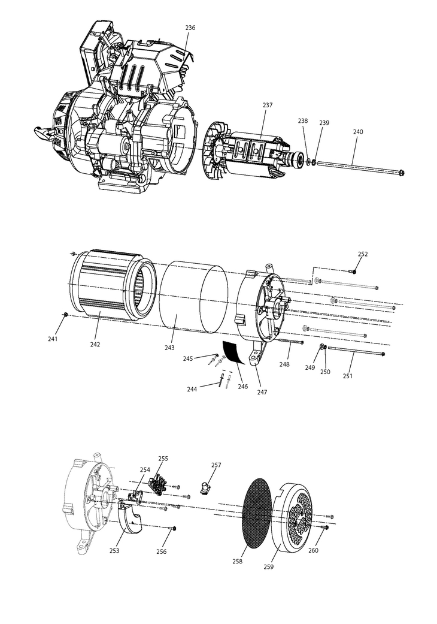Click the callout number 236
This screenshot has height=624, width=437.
tap(190, 28)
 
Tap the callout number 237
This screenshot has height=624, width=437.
tap(268, 105)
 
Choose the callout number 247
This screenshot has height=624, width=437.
tap(262, 392)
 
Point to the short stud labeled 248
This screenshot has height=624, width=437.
tap(291, 342)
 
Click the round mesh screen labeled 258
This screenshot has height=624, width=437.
tap(259, 514)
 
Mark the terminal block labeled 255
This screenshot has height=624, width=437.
tap(159, 484)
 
